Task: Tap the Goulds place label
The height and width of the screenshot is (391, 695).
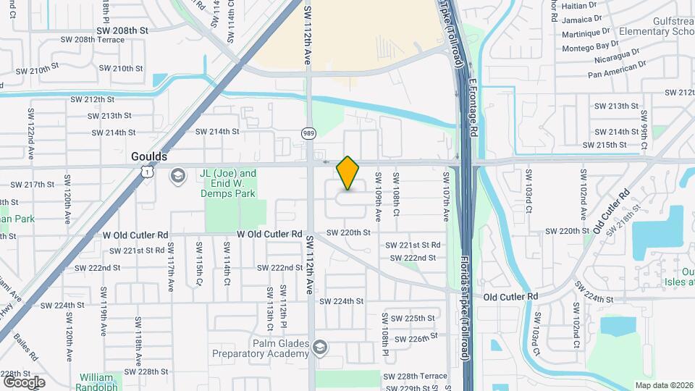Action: (x=149, y=156)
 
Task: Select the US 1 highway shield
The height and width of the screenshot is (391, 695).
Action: (x=147, y=172)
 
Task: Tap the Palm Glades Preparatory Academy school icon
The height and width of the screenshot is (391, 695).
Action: (x=319, y=349)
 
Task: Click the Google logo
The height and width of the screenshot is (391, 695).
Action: (x=23, y=382)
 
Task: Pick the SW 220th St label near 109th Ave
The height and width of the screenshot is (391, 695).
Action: (x=348, y=232)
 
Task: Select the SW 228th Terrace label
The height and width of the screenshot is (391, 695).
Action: (x=415, y=377)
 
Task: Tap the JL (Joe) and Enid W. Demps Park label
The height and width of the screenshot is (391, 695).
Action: (x=228, y=184)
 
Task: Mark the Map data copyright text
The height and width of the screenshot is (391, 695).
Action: (x=662, y=385)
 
